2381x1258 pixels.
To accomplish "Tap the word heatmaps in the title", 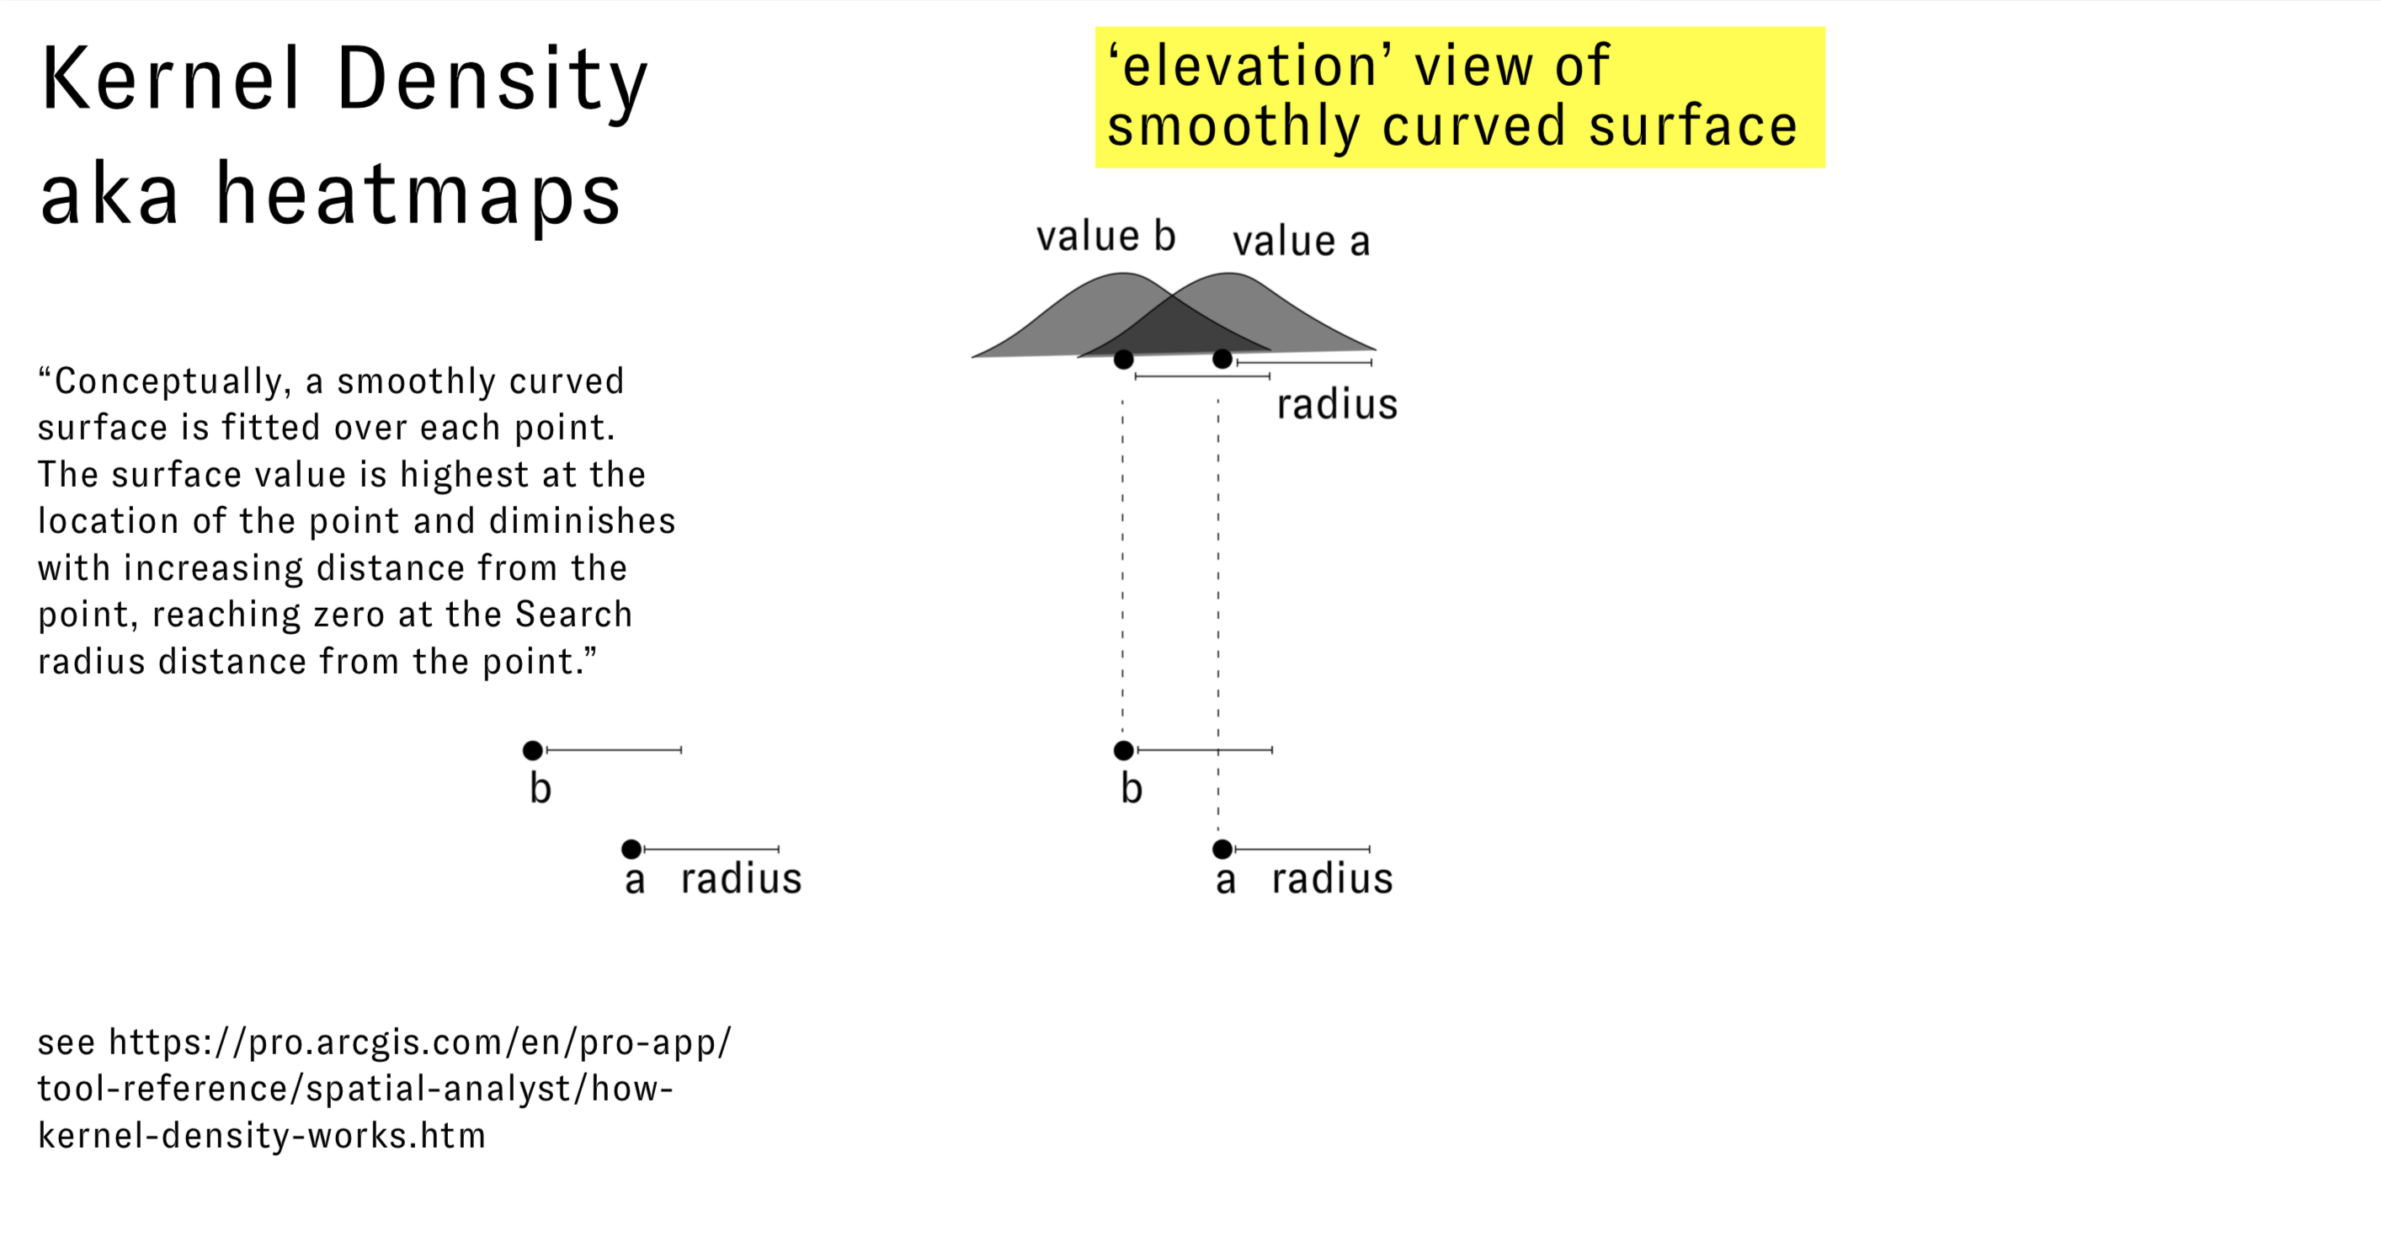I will (x=418, y=195).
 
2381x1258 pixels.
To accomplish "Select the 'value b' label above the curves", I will (x=1105, y=237).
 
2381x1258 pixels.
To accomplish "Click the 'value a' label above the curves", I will (x=1301, y=242).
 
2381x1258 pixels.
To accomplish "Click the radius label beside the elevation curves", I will (x=1336, y=405).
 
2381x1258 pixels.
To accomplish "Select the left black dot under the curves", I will (x=1123, y=360).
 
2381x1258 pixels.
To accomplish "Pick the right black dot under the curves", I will (x=1222, y=359).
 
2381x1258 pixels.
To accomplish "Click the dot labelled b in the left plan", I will (x=532, y=750).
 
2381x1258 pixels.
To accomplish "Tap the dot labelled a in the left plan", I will (x=631, y=849).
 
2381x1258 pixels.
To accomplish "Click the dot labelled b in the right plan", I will (x=1123, y=750).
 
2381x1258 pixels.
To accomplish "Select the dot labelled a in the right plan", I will (x=1222, y=849).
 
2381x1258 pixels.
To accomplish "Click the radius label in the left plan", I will (x=740, y=879).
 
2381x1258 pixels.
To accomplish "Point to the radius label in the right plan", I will (x=1332, y=879).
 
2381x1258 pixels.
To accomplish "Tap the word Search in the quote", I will (x=573, y=615).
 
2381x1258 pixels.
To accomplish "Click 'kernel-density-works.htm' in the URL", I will (x=262, y=1135).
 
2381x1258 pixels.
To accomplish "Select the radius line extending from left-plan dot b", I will (x=615, y=750).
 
